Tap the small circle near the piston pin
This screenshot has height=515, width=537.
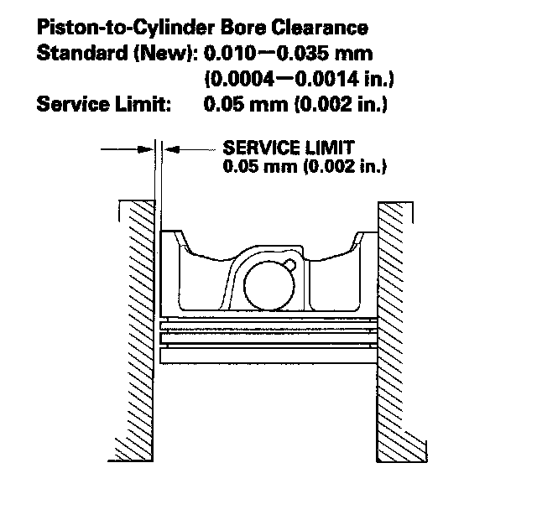point(290,266)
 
